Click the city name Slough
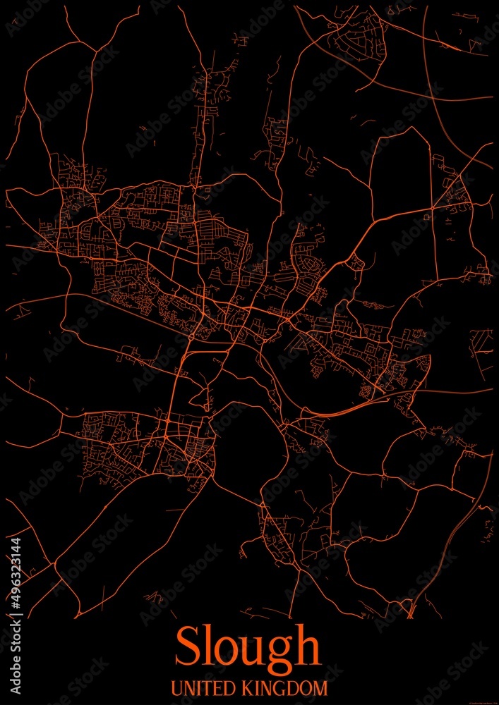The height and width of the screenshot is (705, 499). pyautogui.click(x=247, y=647)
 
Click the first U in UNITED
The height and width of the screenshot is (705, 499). pyautogui.click(x=177, y=687)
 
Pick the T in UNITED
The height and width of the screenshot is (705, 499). pyautogui.click(x=205, y=687)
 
